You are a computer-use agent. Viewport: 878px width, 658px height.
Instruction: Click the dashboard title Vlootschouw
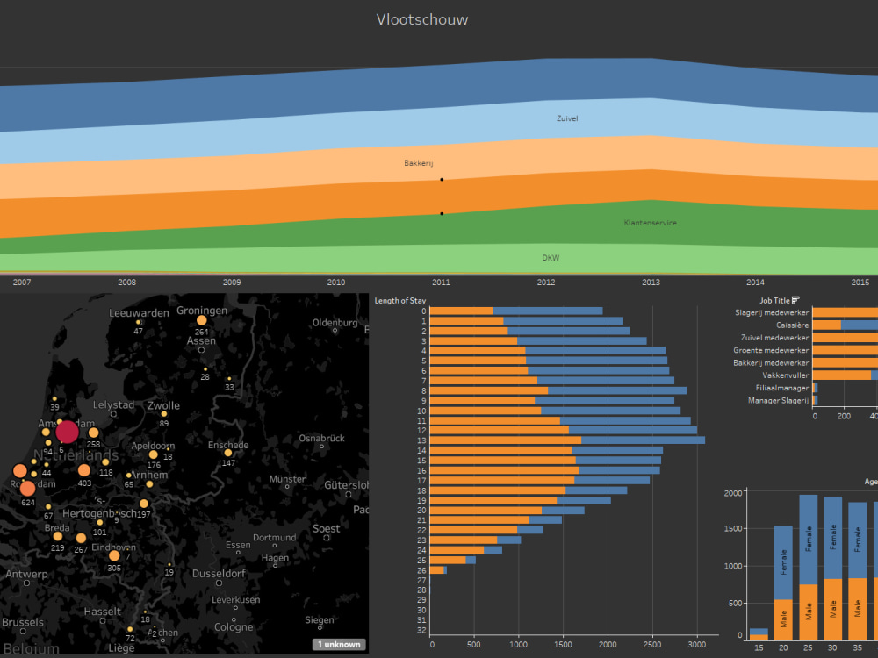coord(422,19)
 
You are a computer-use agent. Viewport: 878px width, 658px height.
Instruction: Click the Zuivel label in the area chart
coord(567,118)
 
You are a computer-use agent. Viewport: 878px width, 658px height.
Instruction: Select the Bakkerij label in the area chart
coord(419,163)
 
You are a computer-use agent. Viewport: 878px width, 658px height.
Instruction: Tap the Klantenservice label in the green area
coord(650,223)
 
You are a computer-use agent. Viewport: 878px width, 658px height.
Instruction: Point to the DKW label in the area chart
coord(551,258)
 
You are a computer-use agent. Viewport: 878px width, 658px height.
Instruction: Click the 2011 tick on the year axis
coord(441,283)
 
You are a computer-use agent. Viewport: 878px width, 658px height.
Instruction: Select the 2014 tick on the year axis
coord(755,283)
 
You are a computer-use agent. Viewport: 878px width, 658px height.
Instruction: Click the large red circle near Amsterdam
coord(67,432)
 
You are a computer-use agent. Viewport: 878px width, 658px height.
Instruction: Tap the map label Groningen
coord(202,311)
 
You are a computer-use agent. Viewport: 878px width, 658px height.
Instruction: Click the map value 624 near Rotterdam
coord(28,504)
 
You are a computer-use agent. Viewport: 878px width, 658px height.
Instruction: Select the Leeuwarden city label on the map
coord(139,313)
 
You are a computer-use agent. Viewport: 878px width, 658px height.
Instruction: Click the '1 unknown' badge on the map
coord(339,644)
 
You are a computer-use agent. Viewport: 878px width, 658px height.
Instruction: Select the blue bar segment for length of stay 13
coord(643,440)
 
